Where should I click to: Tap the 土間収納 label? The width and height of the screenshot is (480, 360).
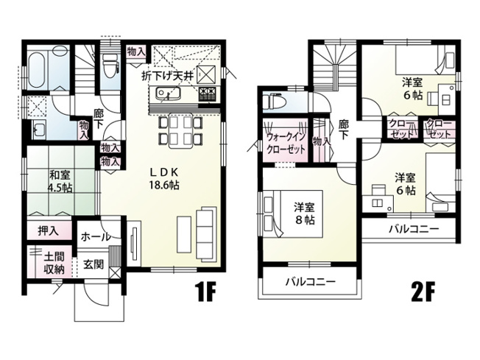point(53,263)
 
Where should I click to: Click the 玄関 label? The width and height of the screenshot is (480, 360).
point(93,263)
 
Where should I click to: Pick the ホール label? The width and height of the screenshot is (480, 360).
point(96,237)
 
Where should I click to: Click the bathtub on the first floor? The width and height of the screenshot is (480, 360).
point(37,71)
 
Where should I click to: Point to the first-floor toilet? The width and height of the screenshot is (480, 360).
point(111,66)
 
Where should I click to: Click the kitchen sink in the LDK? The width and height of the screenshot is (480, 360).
point(166,96)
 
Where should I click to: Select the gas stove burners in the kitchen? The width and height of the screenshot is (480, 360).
point(205,94)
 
